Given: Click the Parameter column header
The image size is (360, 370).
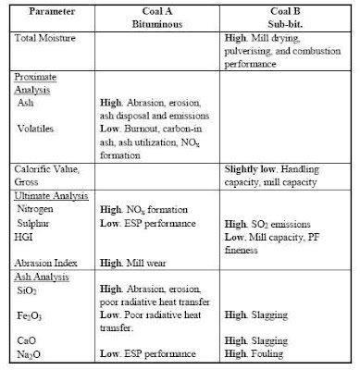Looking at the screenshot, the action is (x=48, y=12).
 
